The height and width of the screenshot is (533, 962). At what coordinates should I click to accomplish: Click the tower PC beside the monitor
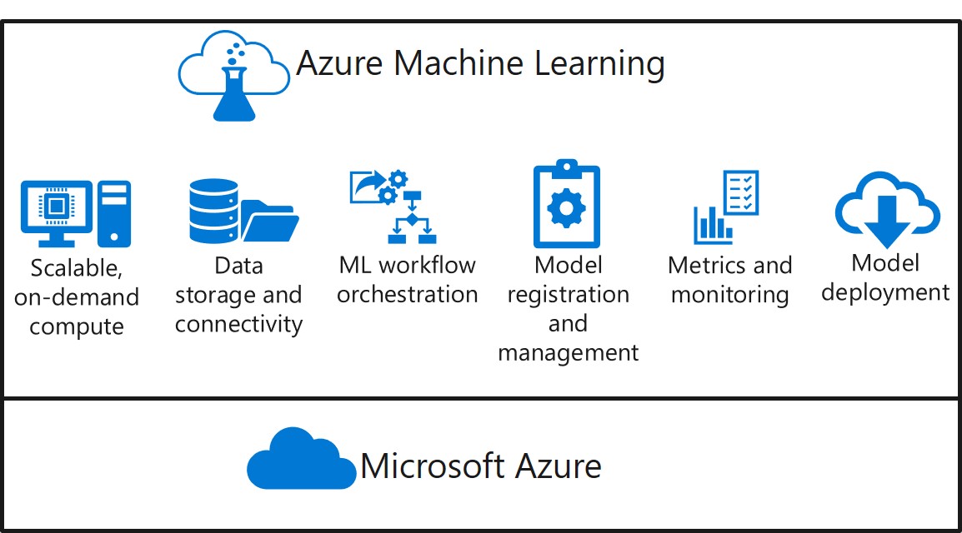114,212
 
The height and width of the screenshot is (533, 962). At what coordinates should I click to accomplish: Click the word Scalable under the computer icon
76,269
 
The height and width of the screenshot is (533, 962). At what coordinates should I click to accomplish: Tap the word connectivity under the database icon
238,324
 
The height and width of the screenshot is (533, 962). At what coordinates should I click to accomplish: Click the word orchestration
408,294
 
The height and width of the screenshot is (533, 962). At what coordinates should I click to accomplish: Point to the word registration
568,294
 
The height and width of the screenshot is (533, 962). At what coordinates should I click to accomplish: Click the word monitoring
729,295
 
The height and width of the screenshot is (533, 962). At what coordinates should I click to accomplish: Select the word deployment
885,292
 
